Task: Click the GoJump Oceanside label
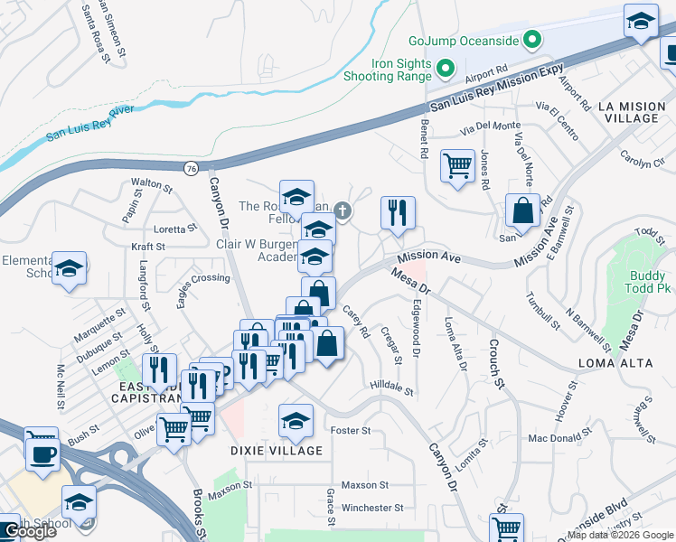(x=465, y=40)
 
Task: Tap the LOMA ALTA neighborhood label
(x=611, y=363)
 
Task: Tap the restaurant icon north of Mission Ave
(x=397, y=212)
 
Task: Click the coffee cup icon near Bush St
(x=42, y=451)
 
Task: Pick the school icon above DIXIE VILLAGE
(x=296, y=421)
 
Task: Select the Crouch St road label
(x=496, y=363)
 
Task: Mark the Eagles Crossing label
(x=203, y=278)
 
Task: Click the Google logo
(x=30, y=531)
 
